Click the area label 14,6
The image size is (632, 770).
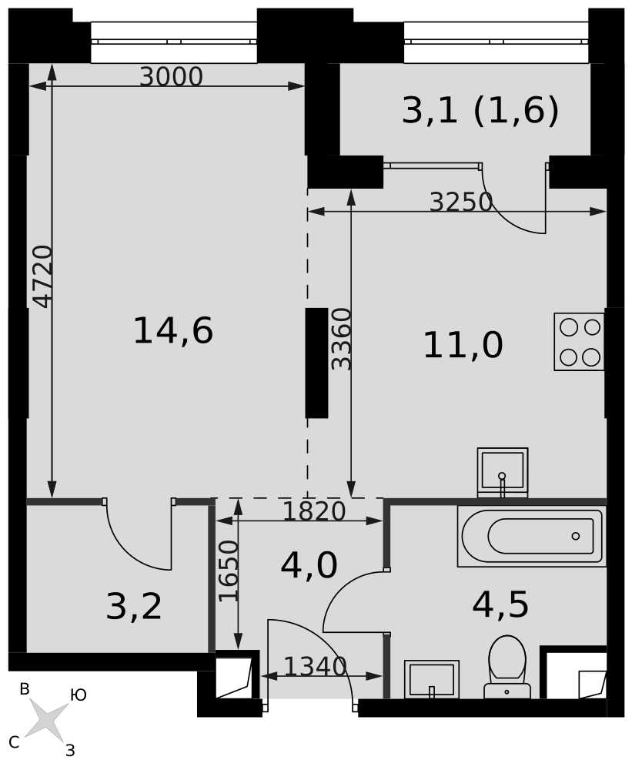click(x=173, y=330)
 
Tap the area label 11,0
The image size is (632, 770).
click(x=463, y=345)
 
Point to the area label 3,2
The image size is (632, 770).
click(x=134, y=607)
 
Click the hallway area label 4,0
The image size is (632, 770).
click(x=309, y=565)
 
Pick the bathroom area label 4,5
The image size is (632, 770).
click(x=500, y=604)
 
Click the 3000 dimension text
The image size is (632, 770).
click(x=171, y=77)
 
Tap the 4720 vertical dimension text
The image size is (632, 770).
click(x=43, y=276)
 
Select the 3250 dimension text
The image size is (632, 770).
click(x=460, y=202)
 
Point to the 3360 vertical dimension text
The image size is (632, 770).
click(x=342, y=339)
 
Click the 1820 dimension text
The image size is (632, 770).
click(x=315, y=512)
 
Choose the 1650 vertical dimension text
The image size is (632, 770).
click(x=229, y=571)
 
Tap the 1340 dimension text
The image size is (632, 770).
click(x=316, y=666)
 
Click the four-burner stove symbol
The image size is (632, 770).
click(x=580, y=342)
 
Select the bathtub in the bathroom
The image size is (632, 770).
click(x=532, y=536)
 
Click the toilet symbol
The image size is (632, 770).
click(x=507, y=667)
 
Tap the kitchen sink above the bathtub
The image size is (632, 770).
click(x=503, y=473)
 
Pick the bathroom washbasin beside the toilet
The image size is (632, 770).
click(x=432, y=680)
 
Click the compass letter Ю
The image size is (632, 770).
click(x=79, y=695)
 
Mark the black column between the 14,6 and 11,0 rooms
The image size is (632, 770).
click(x=316, y=363)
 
